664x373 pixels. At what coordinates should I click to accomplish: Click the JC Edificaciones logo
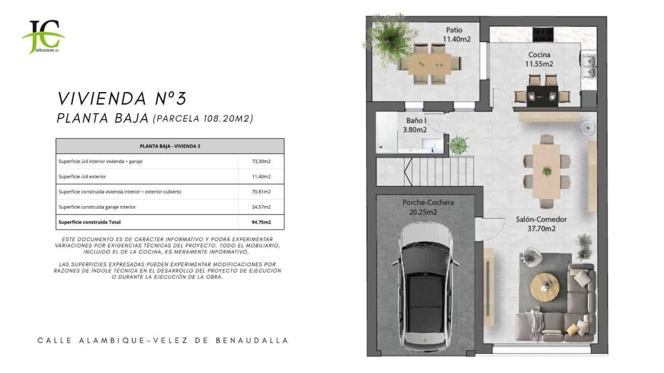tap(43, 37)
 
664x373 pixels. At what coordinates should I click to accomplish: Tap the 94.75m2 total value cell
tap(261, 222)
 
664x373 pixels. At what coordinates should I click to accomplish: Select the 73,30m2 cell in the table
tap(261, 162)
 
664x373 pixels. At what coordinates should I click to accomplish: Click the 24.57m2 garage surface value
tap(261, 207)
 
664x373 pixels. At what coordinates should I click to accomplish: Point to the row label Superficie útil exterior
tap(82, 177)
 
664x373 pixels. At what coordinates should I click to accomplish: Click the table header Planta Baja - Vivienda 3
tap(170, 146)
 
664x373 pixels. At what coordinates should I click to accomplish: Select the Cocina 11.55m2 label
tap(539, 59)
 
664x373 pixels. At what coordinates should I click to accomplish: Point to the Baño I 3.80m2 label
tap(415, 125)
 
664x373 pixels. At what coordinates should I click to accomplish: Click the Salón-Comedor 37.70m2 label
tap(541, 224)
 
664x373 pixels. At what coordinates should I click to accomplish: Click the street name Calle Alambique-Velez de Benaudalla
tap(163, 341)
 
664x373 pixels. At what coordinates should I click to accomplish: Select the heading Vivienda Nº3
tap(122, 98)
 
